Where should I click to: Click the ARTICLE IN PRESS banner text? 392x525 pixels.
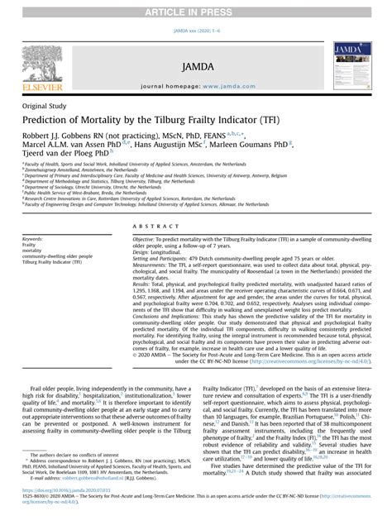(x=196, y=9)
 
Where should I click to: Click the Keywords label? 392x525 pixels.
(x=36, y=238)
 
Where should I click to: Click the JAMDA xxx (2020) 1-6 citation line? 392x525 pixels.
(x=196, y=28)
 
